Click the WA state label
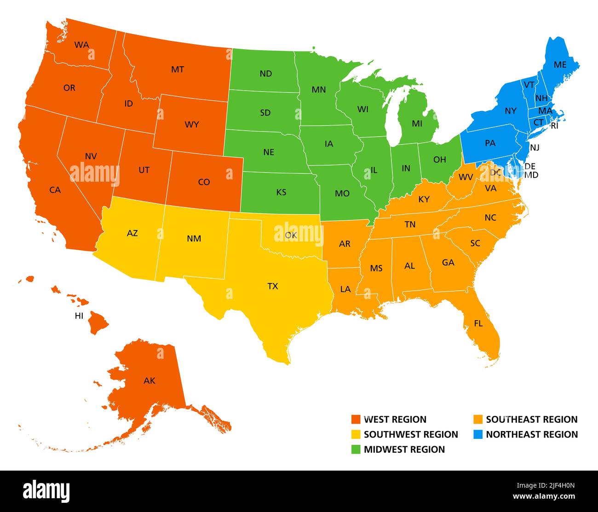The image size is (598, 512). click(x=81, y=45)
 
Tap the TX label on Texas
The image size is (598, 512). click(x=273, y=286)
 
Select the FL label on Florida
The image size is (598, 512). click(x=478, y=324)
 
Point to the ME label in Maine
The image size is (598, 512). click(x=560, y=65)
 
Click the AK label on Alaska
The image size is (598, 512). click(x=149, y=381)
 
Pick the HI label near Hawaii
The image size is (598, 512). click(x=79, y=316)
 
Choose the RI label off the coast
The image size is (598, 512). click(x=554, y=126)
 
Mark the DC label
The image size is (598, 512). click(x=495, y=173)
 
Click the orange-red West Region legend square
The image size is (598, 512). click(x=356, y=420)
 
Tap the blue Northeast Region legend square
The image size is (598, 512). click(x=478, y=434)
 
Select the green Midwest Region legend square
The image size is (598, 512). click(x=356, y=449)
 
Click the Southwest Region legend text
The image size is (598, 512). click(x=411, y=434)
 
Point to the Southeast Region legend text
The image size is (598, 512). click(x=531, y=420)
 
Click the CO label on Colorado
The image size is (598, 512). click(x=204, y=182)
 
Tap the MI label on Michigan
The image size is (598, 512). click(x=417, y=124)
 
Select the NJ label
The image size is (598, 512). click(x=535, y=148)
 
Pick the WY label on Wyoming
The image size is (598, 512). click(x=192, y=125)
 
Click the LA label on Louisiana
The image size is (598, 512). click(x=345, y=289)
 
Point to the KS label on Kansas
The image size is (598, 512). click(x=281, y=192)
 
